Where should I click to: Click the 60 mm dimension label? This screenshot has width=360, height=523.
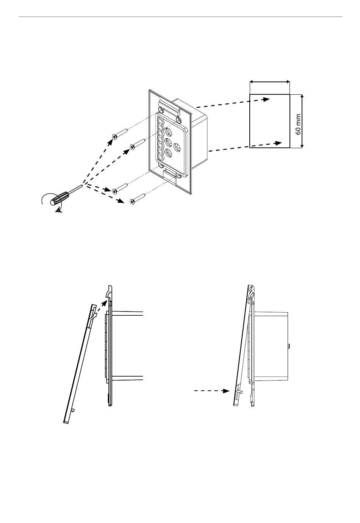pos(298,124)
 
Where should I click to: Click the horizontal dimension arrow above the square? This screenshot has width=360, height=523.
pos(270,82)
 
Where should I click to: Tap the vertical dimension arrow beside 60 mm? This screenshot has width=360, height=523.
pos(302,121)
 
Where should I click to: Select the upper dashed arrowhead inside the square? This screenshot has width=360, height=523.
pos(265,99)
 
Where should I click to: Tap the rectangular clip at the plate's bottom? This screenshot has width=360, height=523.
pos(169,176)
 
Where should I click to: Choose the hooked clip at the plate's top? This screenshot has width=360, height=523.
pos(169,107)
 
